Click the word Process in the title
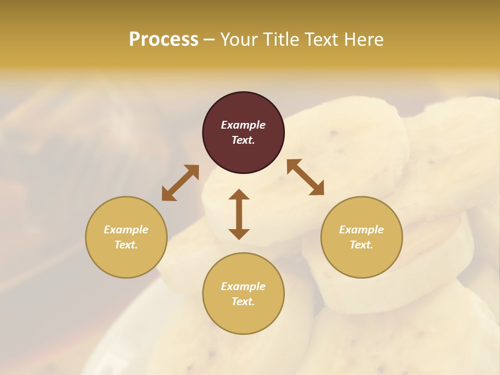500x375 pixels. click(164, 40)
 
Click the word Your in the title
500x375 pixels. click(239, 40)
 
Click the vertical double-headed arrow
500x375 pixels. click(239, 214)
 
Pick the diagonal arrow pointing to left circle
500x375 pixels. click(180, 183)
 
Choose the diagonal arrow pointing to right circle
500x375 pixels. click(305, 177)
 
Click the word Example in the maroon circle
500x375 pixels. click(243, 125)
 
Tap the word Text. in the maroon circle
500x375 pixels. click(243, 140)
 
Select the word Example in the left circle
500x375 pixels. click(126, 230)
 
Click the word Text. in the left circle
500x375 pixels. click(126, 245)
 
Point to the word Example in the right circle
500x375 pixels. click(361, 230)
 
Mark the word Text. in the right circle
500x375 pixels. click(361, 245)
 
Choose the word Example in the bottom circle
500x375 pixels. click(243, 286)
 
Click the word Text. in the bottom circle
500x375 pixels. click(243, 302)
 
